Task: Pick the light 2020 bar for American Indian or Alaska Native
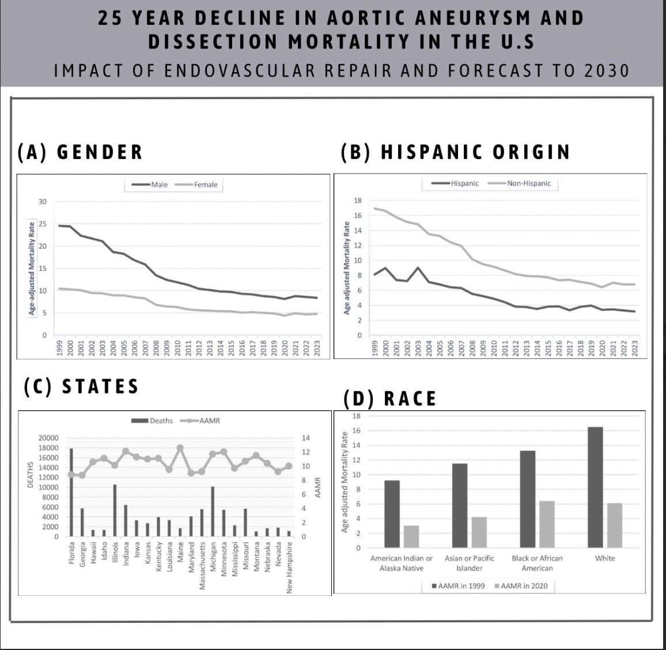[411, 536]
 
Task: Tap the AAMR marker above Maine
[180, 448]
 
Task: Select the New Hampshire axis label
[289, 567]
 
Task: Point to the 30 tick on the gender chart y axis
[43, 202]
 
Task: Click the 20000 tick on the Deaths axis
[48, 439]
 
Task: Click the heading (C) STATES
[81, 386]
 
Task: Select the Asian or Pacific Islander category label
[470, 563]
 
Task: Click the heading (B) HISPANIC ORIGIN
[455, 152]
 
